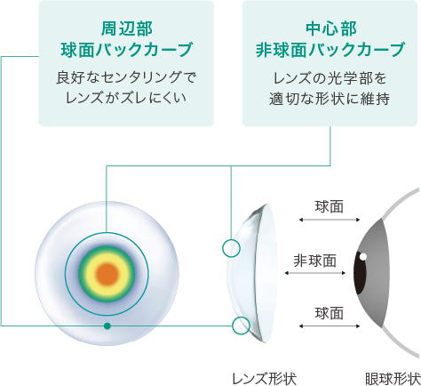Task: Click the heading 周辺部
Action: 126,29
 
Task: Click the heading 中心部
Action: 331,29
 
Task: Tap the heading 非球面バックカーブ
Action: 330,50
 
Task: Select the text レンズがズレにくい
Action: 126,98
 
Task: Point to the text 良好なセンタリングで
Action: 126,78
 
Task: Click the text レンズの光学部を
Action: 330,78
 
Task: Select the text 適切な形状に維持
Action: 330,99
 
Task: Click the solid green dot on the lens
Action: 107,326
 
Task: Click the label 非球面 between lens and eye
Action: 315,261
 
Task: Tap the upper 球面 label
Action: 330,207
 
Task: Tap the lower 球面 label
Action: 330,313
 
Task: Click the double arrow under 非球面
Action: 315,273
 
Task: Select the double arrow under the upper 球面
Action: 330,220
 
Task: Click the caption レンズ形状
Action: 264,378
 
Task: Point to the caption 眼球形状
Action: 393,378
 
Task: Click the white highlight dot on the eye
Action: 363,256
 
